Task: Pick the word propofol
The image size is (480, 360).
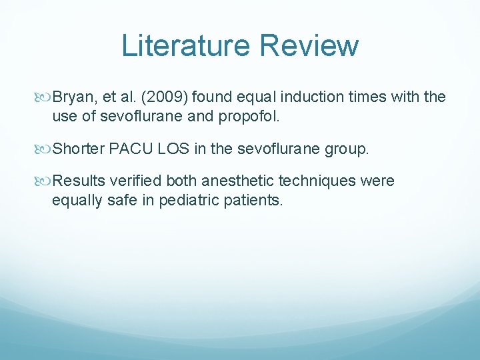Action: click(x=245, y=116)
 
